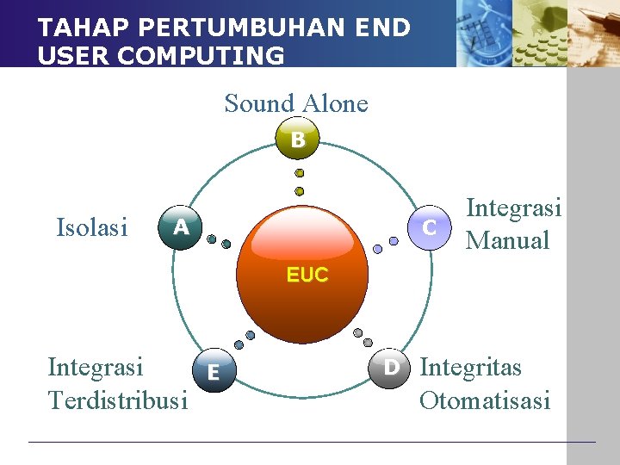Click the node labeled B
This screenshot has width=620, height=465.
(298, 139)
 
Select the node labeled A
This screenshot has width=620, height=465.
(180, 228)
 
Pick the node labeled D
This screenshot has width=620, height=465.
(391, 368)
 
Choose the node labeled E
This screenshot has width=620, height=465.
(212, 372)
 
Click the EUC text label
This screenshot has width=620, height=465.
(307, 275)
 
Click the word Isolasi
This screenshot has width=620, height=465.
(91, 227)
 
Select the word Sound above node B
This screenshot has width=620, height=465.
(259, 103)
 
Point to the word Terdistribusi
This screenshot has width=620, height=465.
(117, 400)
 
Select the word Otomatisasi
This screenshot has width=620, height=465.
(484, 400)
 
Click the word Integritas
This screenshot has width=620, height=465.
(470, 368)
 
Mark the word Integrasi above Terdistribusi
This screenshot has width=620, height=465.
(96, 368)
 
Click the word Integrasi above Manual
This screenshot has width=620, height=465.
(513, 208)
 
